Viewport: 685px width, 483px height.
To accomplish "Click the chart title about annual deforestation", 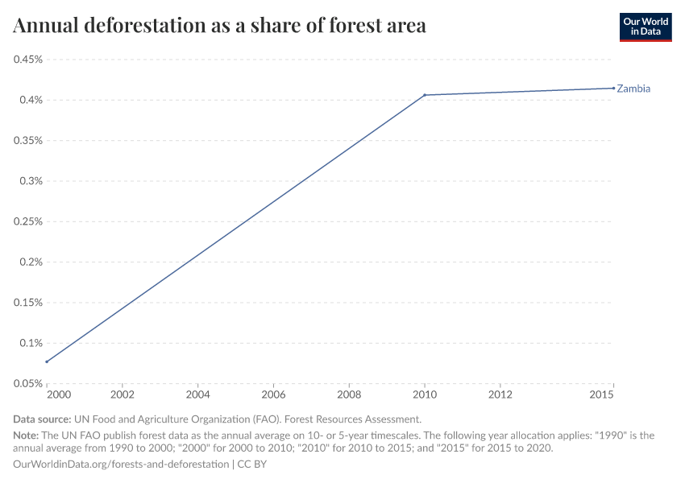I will pyautogui.click(x=219, y=26).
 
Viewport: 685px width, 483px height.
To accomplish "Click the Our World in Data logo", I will pyautogui.click(x=645, y=27).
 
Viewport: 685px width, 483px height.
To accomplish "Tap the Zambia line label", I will pyautogui.click(x=633, y=89).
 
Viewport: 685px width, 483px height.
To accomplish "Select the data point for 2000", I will pyautogui.click(x=47, y=361).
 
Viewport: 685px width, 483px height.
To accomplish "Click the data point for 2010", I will pyautogui.click(x=425, y=95).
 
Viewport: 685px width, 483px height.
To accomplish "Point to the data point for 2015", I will pyautogui.click(x=613, y=88).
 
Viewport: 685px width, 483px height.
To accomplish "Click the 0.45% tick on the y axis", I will pyautogui.click(x=27, y=60).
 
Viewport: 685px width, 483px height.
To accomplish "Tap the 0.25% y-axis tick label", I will pyautogui.click(x=27, y=221).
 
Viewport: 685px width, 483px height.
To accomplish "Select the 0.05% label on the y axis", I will pyautogui.click(x=27, y=383).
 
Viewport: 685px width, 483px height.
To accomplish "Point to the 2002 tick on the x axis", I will pyautogui.click(x=122, y=395).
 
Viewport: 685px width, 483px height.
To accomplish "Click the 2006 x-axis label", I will pyautogui.click(x=273, y=395).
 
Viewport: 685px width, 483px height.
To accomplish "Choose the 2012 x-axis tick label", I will pyautogui.click(x=500, y=395).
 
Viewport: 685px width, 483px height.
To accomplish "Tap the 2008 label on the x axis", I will pyautogui.click(x=349, y=395).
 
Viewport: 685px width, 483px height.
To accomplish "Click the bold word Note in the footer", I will pyautogui.click(x=27, y=435).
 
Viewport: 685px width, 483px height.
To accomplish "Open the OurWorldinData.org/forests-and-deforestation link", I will pyautogui.click(x=121, y=464).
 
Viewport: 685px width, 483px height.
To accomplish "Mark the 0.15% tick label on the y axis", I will pyautogui.click(x=27, y=303).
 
